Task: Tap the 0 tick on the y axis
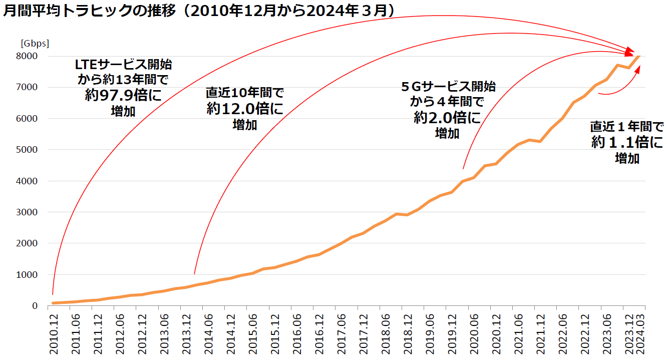pos(35,306)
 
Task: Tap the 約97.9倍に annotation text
pos(123,95)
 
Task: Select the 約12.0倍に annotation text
pos(244,109)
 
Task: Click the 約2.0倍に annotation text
pos(447,118)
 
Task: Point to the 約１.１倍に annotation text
pos(627,143)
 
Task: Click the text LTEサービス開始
pos(123,65)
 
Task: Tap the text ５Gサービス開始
pos(448,87)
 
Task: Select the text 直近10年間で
pos(245,93)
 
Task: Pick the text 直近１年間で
pos(627,126)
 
